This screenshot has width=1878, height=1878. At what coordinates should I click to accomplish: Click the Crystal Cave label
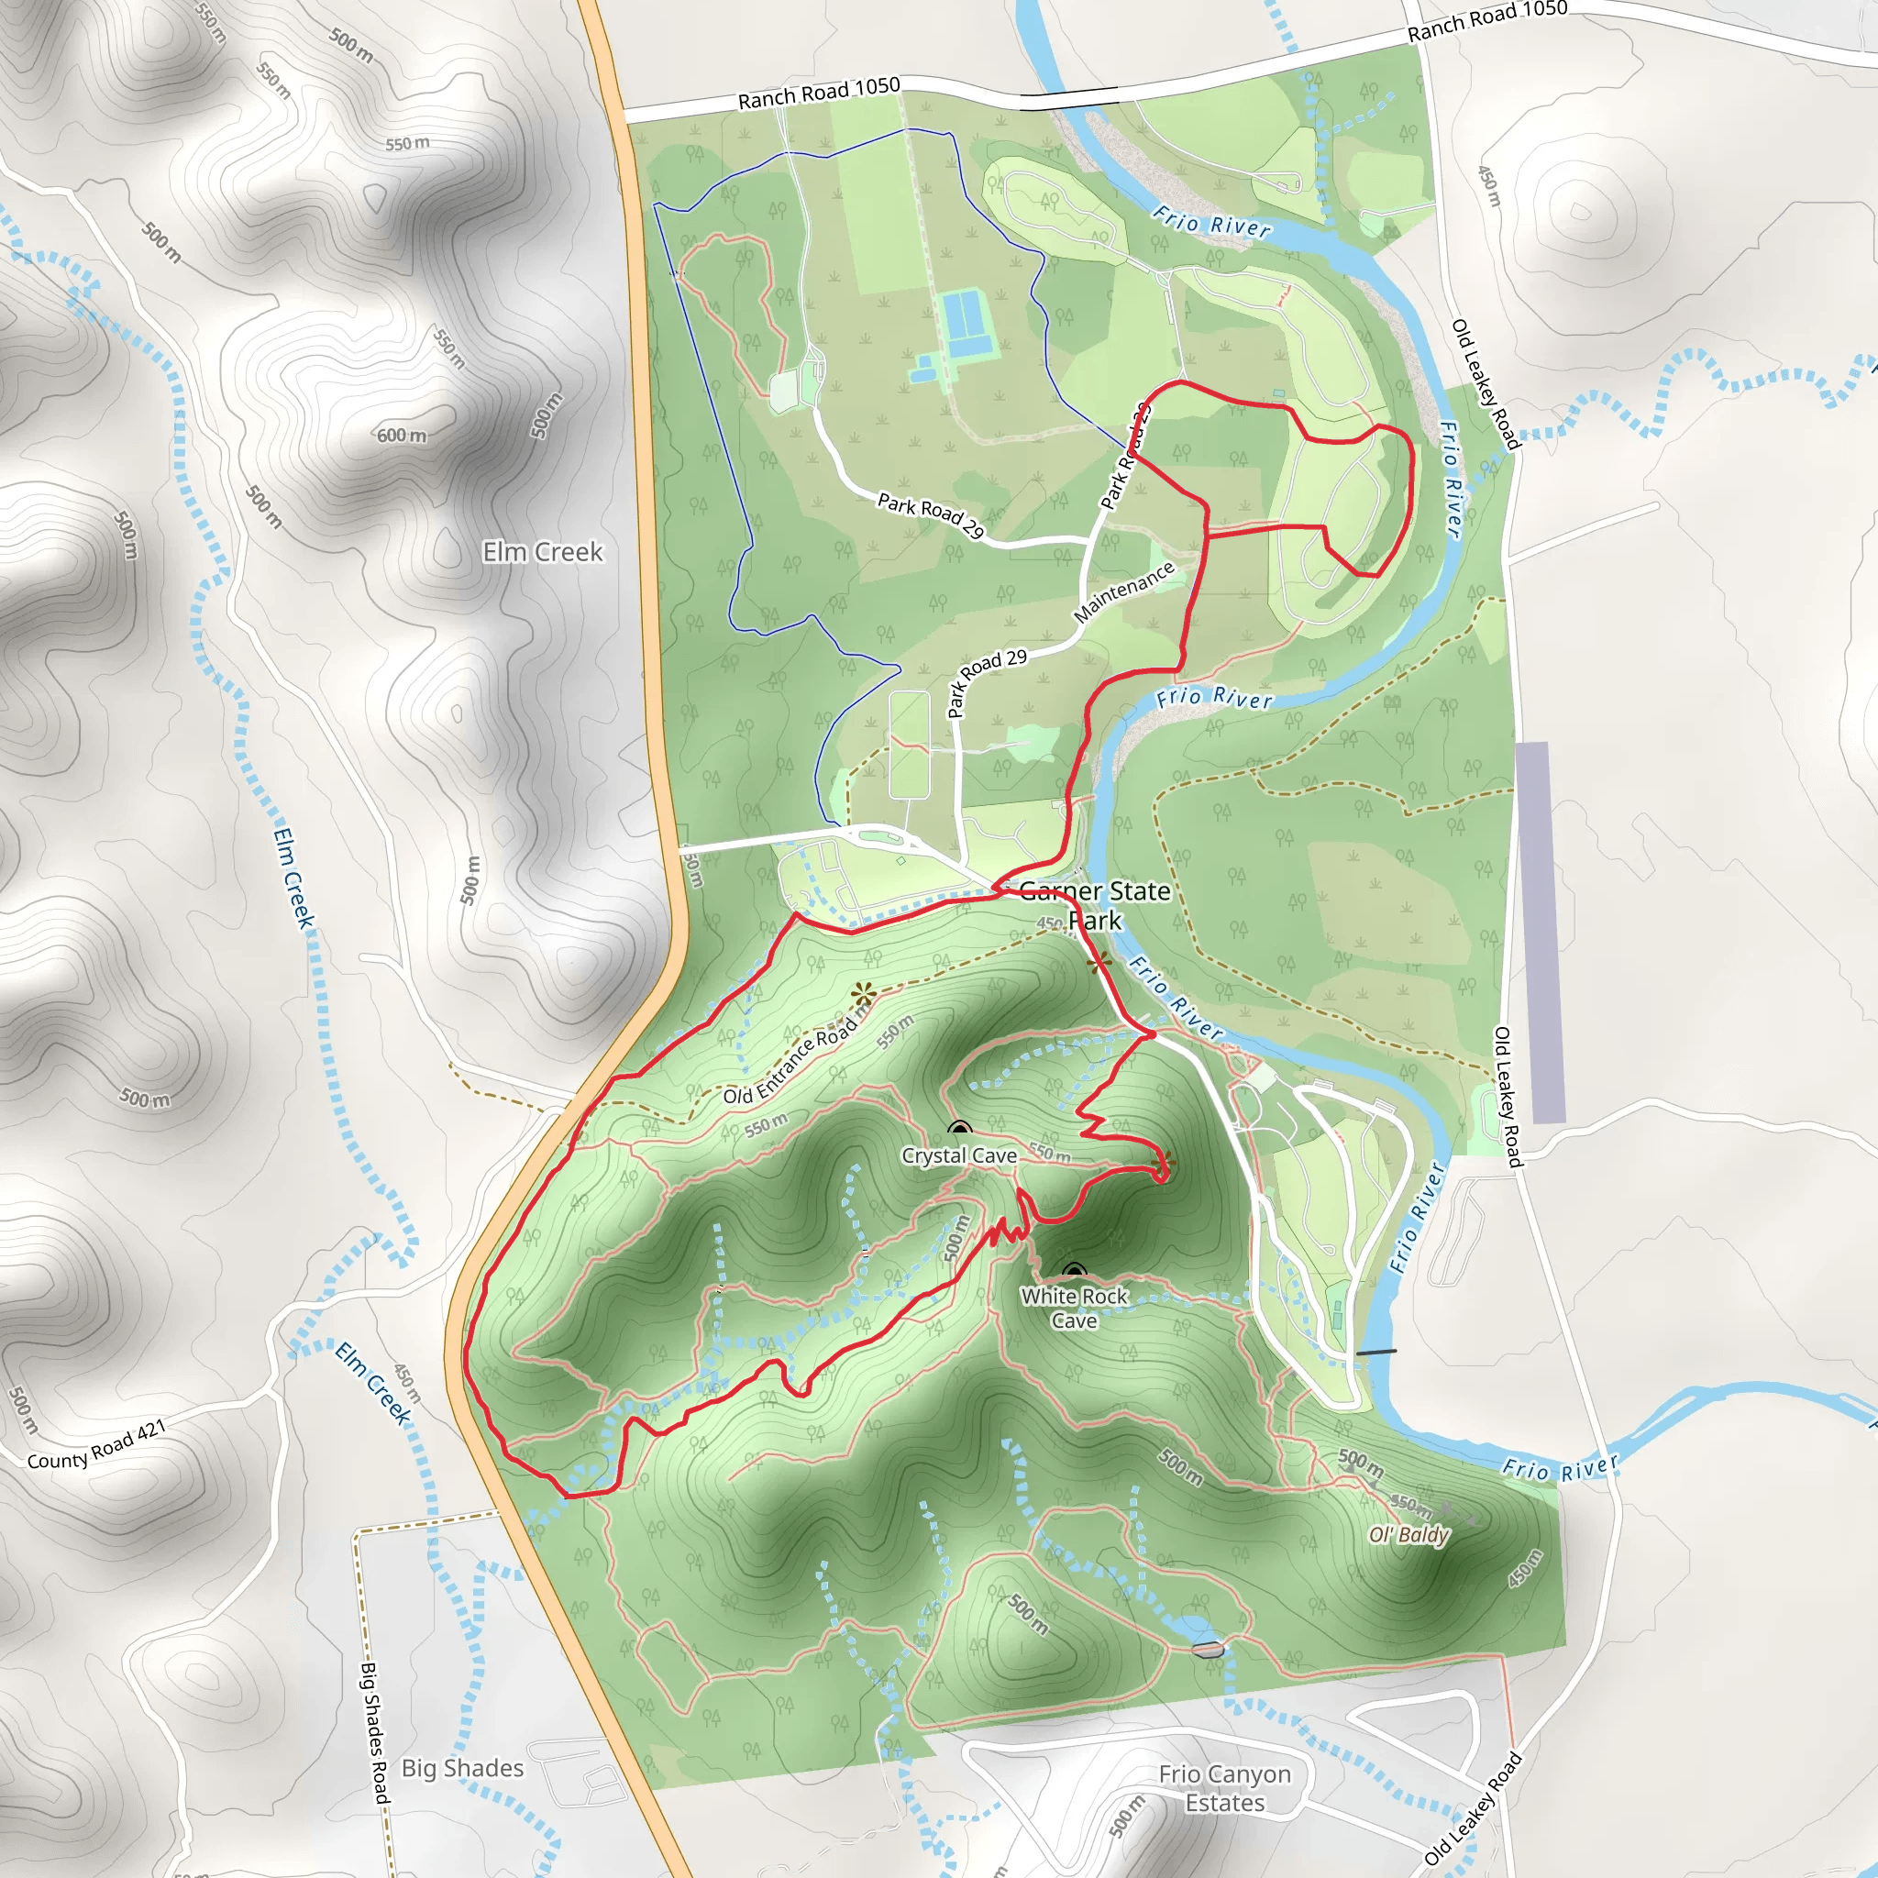pos(958,1155)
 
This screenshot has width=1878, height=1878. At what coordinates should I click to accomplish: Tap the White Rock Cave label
pos(1074,1308)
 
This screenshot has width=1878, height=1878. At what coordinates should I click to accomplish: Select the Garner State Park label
pos(1095,905)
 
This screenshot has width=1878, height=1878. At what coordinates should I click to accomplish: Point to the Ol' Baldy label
pos(1408,1535)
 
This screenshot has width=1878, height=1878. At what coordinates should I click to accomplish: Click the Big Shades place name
pos(463,1768)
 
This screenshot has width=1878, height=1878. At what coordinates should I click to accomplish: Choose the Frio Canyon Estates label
pos(1225,1788)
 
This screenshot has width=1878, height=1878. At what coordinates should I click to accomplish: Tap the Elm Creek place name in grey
pos(543,552)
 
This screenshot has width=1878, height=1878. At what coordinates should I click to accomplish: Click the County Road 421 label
pos(96,1445)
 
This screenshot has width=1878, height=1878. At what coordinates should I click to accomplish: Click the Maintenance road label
pos(1123,592)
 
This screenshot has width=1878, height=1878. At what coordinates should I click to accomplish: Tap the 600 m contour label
pos(402,435)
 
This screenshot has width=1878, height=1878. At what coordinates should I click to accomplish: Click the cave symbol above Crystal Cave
pos(959,1129)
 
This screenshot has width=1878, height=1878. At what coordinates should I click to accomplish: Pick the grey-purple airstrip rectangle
pos(1540,933)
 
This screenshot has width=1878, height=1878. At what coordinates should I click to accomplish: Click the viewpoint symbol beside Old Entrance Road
pos(862,994)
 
